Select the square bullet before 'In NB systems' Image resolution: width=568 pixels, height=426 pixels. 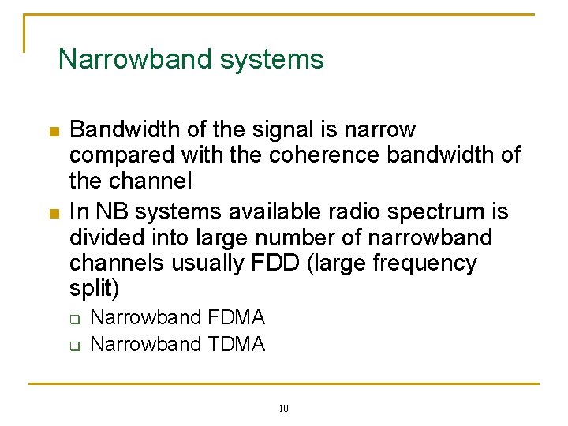pos(53,213)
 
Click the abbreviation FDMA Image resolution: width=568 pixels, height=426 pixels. pos(237,318)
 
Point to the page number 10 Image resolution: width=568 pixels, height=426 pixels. pos(284,408)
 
